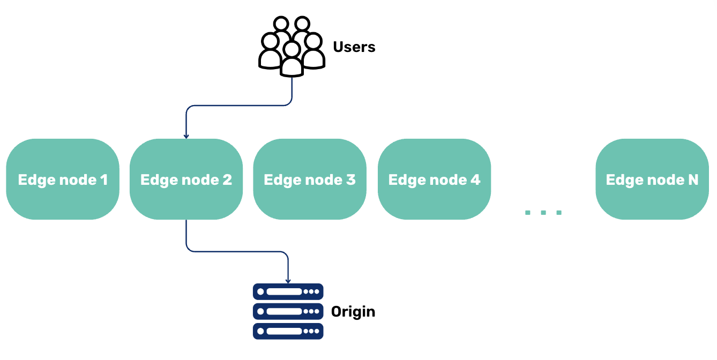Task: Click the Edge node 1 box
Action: click(63, 179)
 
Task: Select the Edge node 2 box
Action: click(186, 179)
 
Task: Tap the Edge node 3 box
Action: click(310, 179)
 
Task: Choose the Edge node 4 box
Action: click(435, 179)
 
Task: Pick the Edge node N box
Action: click(652, 179)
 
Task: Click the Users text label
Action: click(354, 47)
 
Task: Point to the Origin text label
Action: click(353, 312)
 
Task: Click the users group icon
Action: click(292, 47)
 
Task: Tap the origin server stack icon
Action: click(288, 311)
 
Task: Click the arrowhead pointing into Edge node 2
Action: click(186, 136)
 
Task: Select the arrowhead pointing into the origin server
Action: click(288, 281)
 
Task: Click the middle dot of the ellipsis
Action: click(543, 213)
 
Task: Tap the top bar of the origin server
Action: click(288, 291)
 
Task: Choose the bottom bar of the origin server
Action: click(288, 331)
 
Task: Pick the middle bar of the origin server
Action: click(288, 311)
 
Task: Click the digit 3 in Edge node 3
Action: click(351, 179)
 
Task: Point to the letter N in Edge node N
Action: click(693, 179)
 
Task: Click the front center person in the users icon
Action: click(292, 60)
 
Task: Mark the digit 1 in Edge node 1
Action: click(104, 179)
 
